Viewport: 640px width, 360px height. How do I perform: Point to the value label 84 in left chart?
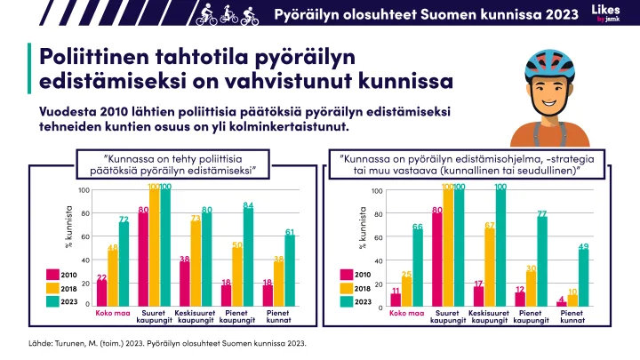(249, 205)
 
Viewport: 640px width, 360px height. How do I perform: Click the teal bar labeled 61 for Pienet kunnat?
(290, 271)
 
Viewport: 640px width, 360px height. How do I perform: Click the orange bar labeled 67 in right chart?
(490, 268)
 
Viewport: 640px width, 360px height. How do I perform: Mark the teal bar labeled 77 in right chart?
(542, 261)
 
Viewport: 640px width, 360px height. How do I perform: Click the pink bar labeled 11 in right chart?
(396, 300)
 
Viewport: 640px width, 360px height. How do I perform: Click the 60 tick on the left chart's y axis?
(84, 236)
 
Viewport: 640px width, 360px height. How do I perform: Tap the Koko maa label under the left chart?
(113, 312)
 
